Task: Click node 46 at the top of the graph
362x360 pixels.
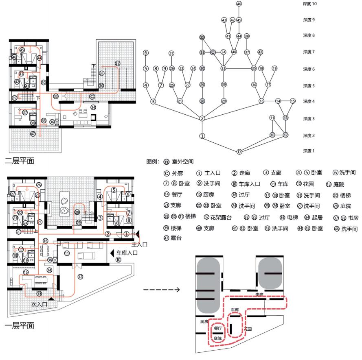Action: point(239,4)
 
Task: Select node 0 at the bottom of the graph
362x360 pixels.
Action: point(239,152)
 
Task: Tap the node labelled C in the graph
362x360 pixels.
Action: point(213,52)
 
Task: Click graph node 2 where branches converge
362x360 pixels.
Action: point(202,118)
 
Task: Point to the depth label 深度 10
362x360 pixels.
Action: point(309,4)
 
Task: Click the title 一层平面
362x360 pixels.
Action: point(19,325)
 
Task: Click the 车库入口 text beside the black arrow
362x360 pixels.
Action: point(127,253)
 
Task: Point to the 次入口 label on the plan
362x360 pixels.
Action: point(39,303)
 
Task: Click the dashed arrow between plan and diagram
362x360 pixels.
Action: point(161,290)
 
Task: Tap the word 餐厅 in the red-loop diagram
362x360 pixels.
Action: point(218,328)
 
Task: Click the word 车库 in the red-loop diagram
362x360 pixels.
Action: point(234,310)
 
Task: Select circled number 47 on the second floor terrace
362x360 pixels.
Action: point(33,133)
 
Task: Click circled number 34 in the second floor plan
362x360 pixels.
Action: point(93,107)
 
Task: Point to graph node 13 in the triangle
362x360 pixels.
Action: point(285,118)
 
